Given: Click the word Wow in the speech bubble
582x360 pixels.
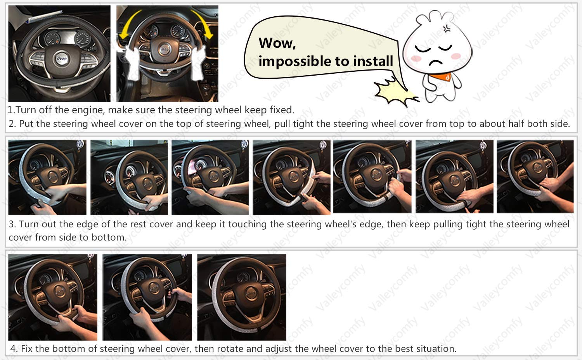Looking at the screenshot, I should coord(277,43).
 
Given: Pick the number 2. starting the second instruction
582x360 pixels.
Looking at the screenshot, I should coord(12,124).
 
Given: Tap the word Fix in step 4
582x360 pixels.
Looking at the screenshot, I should coord(27,348).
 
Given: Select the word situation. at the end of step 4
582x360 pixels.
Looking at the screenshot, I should coord(436,348).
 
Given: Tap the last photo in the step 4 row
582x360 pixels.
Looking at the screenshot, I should coord(241,297).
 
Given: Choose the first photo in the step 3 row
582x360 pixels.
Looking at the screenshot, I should coord(47,177).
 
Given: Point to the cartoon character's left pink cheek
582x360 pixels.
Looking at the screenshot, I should coord(416,58).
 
